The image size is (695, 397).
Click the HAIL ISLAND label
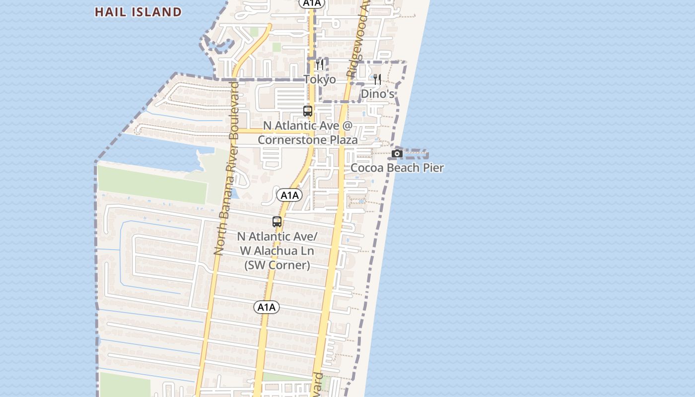tap(138, 12)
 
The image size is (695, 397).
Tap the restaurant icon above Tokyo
tap(320, 65)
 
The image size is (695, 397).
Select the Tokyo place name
tap(320, 79)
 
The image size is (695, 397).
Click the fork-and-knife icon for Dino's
tap(377, 79)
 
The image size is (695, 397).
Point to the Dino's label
tap(377, 94)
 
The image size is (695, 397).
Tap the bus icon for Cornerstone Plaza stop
tap(308, 111)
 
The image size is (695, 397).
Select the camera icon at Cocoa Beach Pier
tap(397, 154)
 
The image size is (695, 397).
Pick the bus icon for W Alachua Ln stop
tap(277, 222)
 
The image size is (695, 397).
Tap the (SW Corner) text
tap(277, 265)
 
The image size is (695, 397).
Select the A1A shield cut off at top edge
tap(311, 3)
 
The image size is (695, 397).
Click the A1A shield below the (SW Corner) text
tap(267, 307)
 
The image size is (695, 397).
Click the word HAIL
tap(109, 12)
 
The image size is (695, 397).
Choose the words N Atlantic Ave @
tap(308, 126)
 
